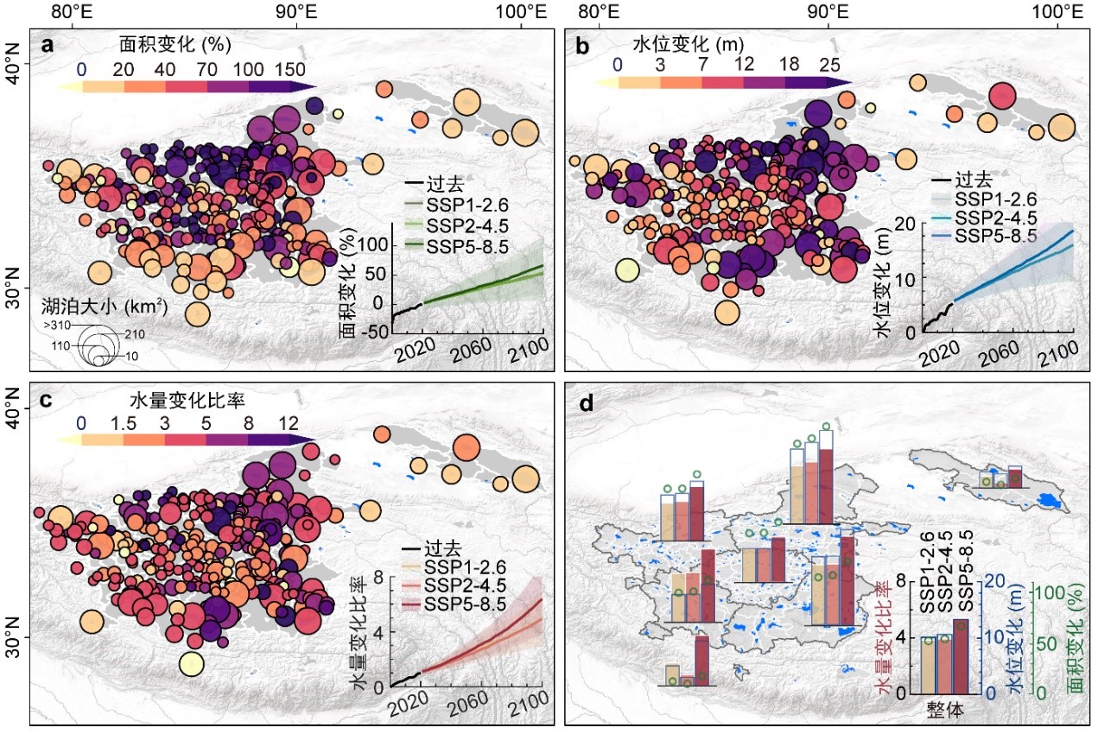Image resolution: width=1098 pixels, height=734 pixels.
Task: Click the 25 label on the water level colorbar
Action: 829,64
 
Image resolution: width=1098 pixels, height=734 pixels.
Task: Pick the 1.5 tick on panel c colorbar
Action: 124,423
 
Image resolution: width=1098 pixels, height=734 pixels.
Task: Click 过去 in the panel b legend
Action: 974,181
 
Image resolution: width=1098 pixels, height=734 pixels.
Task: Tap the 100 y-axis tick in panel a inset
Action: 373,245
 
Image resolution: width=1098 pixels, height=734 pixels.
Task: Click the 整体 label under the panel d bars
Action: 946,709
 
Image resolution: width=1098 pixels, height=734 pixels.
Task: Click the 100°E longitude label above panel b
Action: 1057,13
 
